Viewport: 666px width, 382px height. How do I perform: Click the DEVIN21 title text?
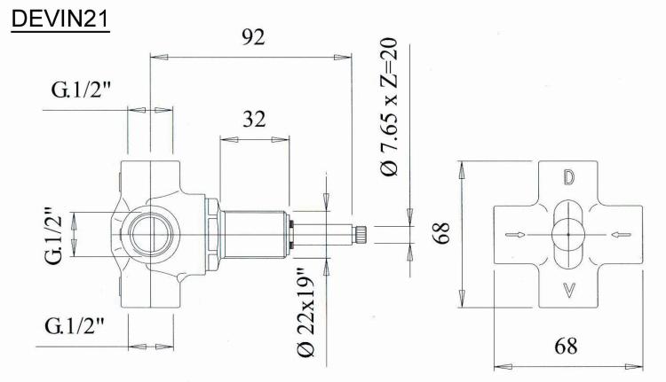(59, 19)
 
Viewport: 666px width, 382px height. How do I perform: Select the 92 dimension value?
(253, 37)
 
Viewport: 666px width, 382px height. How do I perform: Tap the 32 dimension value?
(254, 119)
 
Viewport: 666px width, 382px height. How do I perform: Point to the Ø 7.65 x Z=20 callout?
(389, 107)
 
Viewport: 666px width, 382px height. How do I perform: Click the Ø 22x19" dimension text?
(306, 313)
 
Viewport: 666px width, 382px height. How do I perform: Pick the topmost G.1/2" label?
(81, 90)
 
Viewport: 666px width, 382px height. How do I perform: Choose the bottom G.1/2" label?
(75, 326)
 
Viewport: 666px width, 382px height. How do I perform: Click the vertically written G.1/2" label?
(54, 236)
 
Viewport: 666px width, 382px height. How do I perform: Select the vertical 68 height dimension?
(441, 233)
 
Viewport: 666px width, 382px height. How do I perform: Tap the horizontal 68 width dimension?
(566, 347)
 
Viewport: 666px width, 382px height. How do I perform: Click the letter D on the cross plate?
(568, 177)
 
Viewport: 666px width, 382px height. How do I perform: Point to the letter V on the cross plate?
(568, 290)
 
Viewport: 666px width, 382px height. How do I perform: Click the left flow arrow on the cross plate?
(515, 235)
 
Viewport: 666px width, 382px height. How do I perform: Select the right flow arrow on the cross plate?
(621, 235)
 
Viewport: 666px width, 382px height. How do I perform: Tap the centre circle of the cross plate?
(568, 235)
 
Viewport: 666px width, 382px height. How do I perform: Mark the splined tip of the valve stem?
(361, 235)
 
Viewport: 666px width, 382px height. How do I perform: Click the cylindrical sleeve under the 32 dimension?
(254, 235)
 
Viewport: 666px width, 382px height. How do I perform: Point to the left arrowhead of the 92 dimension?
(159, 57)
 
